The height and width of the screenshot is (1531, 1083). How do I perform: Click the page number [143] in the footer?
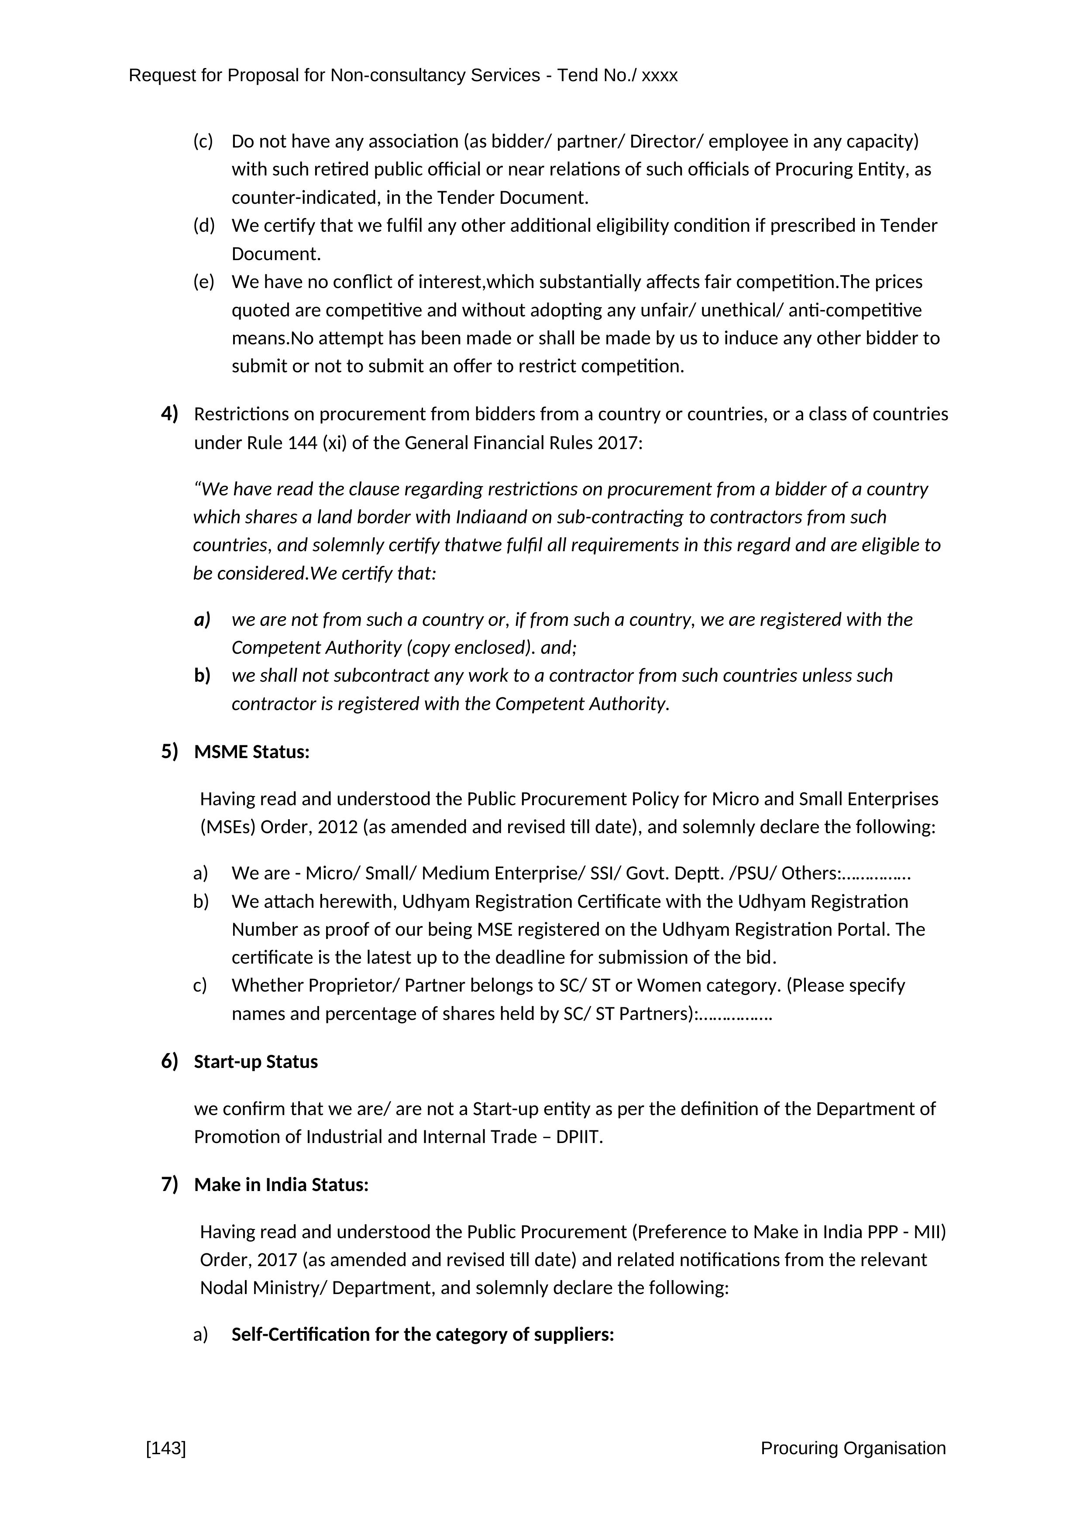click(165, 1449)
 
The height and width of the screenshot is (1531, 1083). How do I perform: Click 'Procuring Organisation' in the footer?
click(853, 1449)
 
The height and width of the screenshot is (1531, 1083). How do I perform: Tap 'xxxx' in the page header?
click(660, 76)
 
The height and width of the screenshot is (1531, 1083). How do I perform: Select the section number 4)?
click(169, 414)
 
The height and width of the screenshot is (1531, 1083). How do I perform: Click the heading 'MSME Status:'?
click(251, 752)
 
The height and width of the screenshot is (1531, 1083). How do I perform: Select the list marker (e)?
click(203, 282)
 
